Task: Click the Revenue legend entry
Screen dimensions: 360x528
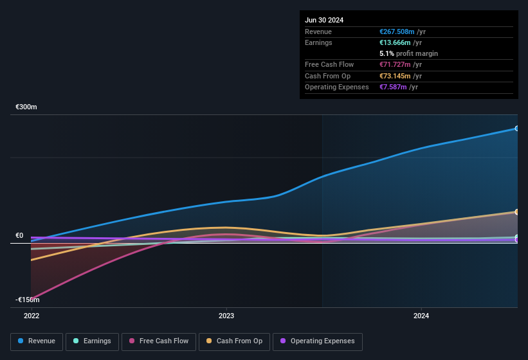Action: pos(37,341)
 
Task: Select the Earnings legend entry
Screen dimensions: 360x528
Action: pos(92,341)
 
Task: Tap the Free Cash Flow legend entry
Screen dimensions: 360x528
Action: pos(158,341)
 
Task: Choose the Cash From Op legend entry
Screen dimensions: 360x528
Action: pos(234,341)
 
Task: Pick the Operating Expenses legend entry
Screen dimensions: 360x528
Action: pos(317,341)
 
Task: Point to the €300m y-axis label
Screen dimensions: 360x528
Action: pos(26,107)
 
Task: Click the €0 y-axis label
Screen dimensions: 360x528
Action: pos(19,236)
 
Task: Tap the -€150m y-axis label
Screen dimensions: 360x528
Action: pos(27,300)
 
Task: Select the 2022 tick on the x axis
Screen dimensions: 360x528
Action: pos(32,316)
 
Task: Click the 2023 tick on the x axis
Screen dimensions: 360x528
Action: pos(226,316)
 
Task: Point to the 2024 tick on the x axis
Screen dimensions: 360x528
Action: pos(421,316)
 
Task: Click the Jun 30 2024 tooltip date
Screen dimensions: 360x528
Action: pos(324,20)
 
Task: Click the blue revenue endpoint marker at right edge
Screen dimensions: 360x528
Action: pos(516,129)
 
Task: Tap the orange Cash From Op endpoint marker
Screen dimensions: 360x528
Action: pos(516,212)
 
